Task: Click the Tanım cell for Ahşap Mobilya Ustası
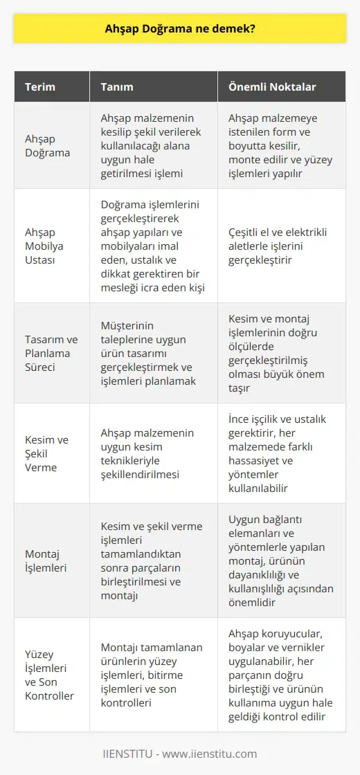(x=152, y=246)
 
